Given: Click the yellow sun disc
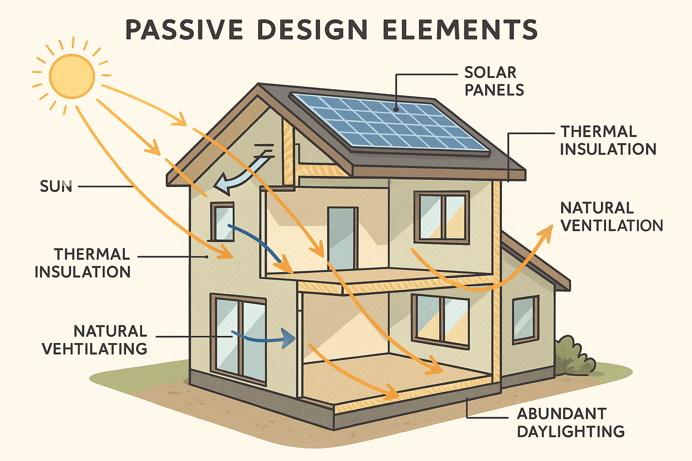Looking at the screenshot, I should click(x=72, y=76).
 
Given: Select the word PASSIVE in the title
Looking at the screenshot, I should click(x=184, y=30).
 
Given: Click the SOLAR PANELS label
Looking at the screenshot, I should click(x=494, y=81).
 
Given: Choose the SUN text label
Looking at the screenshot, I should click(x=56, y=186).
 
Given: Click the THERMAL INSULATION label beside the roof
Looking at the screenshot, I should click(x=608, y=140).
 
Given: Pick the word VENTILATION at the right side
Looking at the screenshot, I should click(x=611, y=226).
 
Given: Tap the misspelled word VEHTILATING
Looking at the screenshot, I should click(x=95, y=349).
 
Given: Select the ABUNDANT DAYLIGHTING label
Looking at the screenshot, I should click(x=570, y=422).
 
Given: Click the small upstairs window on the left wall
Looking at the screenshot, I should click(x=223, y=221).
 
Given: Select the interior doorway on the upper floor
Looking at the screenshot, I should click(x=342, y=238).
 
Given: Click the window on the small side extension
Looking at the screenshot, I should click(x=525, y=319).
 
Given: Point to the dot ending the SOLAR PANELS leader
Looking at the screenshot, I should click(x=396, y=109).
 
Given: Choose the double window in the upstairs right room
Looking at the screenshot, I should click(x=442, y=217).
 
